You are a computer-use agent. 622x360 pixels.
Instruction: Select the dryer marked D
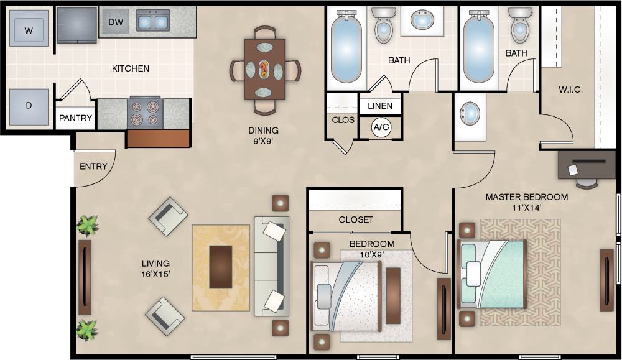click(x=29, y=106)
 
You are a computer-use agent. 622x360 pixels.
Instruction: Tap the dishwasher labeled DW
click(x=115, y=22)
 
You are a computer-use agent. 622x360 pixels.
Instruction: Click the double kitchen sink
click(x=153, y=22)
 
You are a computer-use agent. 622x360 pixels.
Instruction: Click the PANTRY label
click(x=76, y=118)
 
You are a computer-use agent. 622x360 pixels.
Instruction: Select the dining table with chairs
click(x=265, y=69)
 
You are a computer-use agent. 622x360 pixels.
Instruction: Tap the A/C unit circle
click(x=381, y=127)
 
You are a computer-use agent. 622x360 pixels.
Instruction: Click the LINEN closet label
click(x=379, y=106)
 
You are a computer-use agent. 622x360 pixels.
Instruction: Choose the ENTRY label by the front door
click(x=94, y=167)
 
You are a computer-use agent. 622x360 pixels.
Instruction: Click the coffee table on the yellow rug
click(x=220, y=266)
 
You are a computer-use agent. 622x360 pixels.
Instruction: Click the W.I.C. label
click(x=570, y=90)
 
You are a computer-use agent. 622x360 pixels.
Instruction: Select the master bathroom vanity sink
click(x=470, y=114)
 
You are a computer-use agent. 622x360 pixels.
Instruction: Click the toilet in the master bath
click(x=519, y=24)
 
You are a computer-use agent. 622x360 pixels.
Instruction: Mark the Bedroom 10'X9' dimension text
click(x=371, y=249)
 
